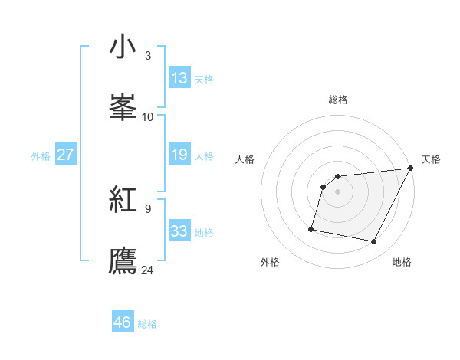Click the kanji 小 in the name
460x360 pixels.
tap(123, 47)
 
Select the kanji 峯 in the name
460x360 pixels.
tap(123, 106)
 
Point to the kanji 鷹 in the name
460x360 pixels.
tap(123, 259)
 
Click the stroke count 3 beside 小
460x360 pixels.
tap(148, 56)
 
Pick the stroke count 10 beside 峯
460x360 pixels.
tap(148, 116)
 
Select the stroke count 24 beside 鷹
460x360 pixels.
tap(148, 270)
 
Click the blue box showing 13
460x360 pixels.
tap(179, 78)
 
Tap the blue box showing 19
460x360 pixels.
tap(179, 155)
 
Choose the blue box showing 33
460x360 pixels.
tap(179, 231)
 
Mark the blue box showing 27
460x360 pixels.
tap(65, 155)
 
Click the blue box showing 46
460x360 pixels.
tap(123, 322)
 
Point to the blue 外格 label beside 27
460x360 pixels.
tap(41, 156)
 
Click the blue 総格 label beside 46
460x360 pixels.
tap(147, 324)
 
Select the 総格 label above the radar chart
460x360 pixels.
tap(338, 100)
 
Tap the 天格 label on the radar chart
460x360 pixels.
tap(431, 159)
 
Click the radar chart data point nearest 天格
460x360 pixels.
tap(411, 169)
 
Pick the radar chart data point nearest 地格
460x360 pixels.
tap(374, 242)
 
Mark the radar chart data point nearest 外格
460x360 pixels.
tap(311, 228)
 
